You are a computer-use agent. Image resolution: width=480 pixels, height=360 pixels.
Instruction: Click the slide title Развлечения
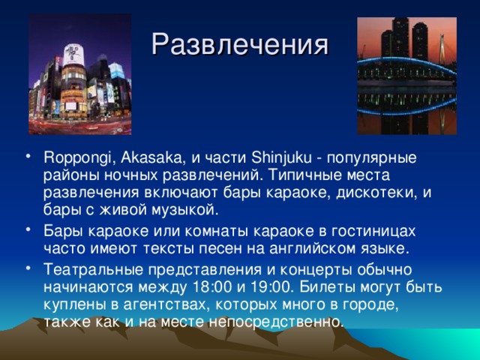240,44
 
